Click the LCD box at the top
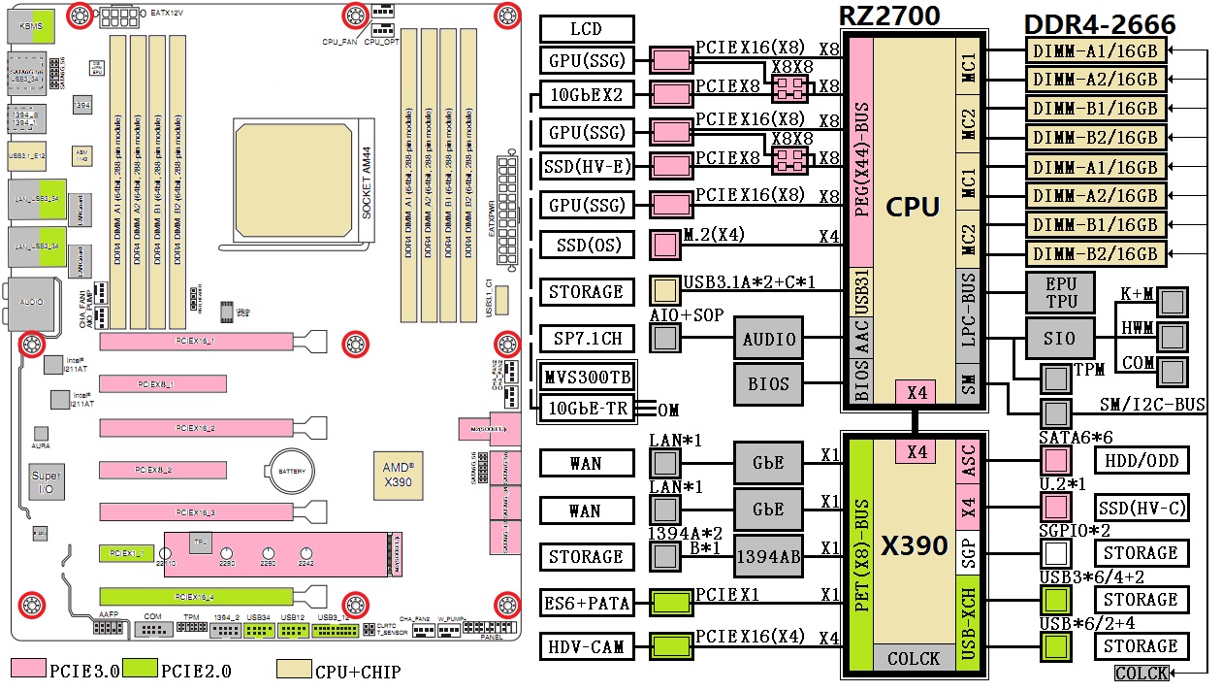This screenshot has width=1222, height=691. click(x=586, y=29)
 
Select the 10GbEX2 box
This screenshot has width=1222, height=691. click(x=586, y=95)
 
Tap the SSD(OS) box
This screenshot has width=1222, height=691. click(x=586, y=245)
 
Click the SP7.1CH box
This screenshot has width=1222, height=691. click(x=586, y=339)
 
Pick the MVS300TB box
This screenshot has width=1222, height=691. click(x=586, y=376)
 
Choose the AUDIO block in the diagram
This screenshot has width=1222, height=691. click(x=769, y=339)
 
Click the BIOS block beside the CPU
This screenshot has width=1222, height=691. click(x=769, y=384)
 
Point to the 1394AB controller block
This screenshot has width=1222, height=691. click(x=769, y=557)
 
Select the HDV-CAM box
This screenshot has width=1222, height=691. click(x=586, y=646)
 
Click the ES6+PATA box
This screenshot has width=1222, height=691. click(x=586, y=604)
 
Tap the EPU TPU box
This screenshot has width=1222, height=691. click(x=1060, y=292)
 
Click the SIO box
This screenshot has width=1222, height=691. click(x=1060, y=339)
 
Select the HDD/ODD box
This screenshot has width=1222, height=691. click(x=1141, y=460)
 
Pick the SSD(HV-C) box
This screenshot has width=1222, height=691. click(x=1141, y=507)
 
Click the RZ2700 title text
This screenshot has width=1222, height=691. click(x=890, y=16)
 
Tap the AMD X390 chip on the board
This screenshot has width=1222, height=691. click(x=398, y=473)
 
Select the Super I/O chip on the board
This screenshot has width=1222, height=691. click(x=46, y=482)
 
